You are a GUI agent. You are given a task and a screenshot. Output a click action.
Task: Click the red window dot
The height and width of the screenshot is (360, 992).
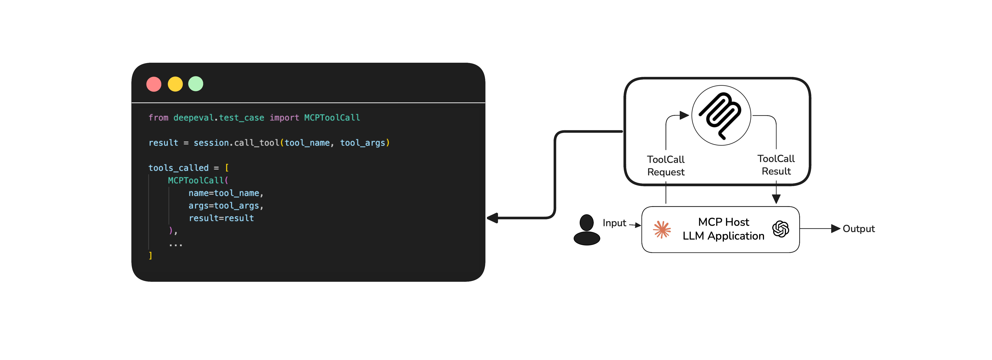pyautogui.click(x=154, y=84)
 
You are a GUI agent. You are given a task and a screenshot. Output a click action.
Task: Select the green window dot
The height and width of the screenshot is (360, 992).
pyautogui.click(x=196, y=84)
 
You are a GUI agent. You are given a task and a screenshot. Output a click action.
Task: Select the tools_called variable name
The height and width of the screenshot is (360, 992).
pyautogui.click(x=178, y=168)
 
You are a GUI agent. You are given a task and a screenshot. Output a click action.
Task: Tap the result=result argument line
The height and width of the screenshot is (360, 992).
pyautogui.click(x=221, y=218)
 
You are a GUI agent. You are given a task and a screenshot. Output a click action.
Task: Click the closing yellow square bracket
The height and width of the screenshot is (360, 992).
pyautogui.click(x=151, y=256)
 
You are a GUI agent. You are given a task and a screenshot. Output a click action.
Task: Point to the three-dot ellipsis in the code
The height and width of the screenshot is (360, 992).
pyautogui.click(x=176, y=244)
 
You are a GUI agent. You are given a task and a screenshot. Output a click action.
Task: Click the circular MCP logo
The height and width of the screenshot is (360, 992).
pyautogui.click(x=721, y=116)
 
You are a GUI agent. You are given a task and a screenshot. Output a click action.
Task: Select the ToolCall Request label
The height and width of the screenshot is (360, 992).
pyautogui.click(x=666, y=166)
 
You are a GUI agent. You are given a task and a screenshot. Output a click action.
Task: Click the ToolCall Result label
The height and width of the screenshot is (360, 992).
pyautogui.click(x=776, y=165)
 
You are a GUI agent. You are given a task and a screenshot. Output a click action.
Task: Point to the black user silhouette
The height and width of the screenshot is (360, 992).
pyautogui.click(x=586, y=230)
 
